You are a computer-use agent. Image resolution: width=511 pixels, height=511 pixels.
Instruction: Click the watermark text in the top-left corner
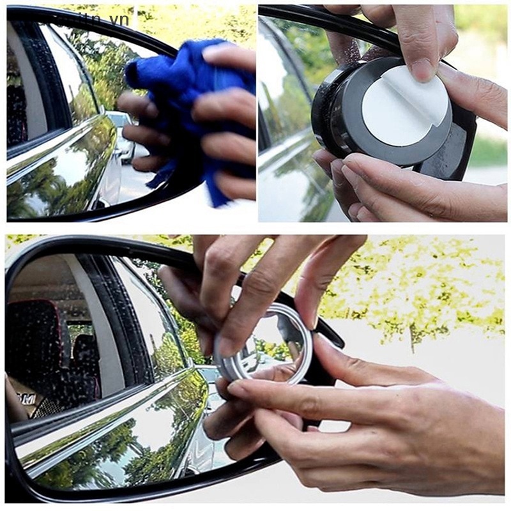(x=96, y=19)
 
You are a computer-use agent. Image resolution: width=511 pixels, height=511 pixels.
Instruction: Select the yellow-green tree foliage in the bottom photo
(x=415, y=281)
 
